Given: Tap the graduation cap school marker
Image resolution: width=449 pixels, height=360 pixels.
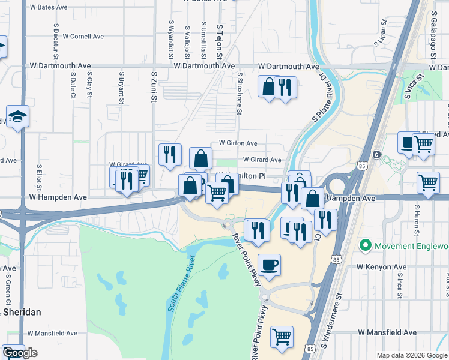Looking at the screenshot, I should [17, 117].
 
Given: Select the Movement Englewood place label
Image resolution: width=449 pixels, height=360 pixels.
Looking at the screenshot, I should [411, 246].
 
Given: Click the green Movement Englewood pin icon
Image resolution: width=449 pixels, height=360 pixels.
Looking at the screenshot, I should [364, 246].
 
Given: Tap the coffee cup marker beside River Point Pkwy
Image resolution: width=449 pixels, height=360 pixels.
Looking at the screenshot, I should [269, 265].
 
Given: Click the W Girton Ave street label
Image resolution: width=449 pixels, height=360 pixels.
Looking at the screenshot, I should [238, 143].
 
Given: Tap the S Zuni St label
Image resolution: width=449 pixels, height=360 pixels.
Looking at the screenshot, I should [154, 87].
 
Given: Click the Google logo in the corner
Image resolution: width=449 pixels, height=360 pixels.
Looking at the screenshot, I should [20, 353].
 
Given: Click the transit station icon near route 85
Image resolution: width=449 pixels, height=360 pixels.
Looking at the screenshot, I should [376, 154].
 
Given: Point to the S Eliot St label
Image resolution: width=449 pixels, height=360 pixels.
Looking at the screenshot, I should [39, 178].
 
